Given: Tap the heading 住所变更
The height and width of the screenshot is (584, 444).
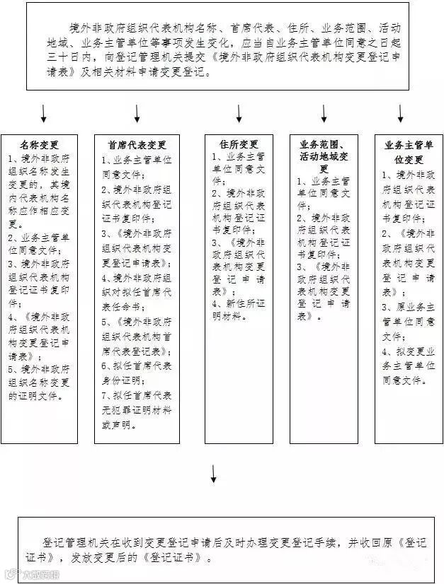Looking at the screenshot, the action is tap(239, 144).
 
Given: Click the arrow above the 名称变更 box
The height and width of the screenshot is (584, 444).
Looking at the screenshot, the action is tap(44, 114).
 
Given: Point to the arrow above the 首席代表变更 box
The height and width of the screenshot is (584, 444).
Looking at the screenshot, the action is tap(137, 114).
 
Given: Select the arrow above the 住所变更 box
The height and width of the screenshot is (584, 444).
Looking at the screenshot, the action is tap(239, 114).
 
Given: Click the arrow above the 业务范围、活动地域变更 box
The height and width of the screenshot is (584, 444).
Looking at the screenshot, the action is tap(324, 114).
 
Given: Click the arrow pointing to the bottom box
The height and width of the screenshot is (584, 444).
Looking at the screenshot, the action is tap(213, 474).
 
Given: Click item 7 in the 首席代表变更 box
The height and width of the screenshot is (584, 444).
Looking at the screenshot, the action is tap(137, 418).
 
